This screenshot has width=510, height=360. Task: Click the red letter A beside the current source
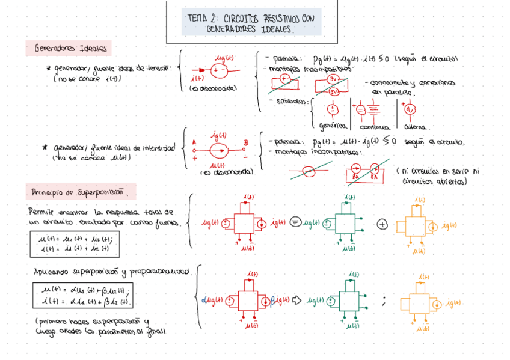point(194,143)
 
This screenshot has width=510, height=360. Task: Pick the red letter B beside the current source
point(245,142)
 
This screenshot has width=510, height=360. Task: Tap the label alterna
point(416,127)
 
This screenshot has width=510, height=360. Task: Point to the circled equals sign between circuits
point(295,222)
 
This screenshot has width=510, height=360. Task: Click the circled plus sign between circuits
point(382,224)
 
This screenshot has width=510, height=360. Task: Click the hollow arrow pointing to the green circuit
point(296,299)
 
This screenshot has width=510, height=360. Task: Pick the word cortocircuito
point(390,83)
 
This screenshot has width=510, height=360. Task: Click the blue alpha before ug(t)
point(204,299)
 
